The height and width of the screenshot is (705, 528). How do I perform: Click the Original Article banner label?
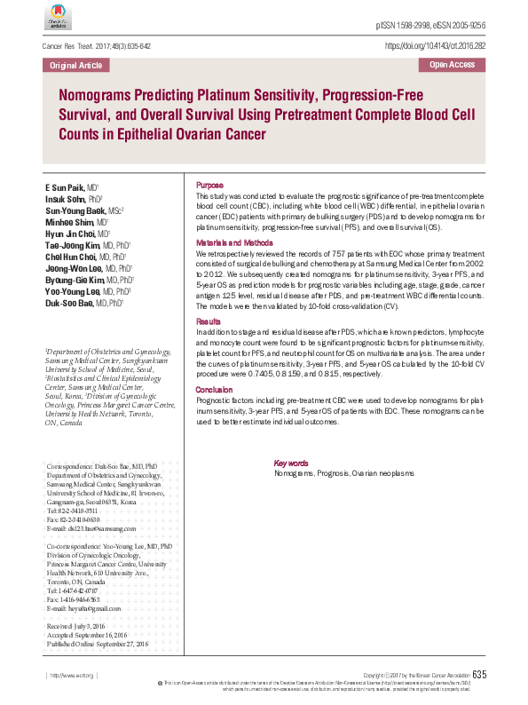tap(75, 66)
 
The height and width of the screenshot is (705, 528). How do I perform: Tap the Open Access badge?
tap(452, 65)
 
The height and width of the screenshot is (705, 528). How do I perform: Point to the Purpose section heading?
tap(209, 184)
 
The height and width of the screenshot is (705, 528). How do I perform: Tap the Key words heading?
tap(291, 463)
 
